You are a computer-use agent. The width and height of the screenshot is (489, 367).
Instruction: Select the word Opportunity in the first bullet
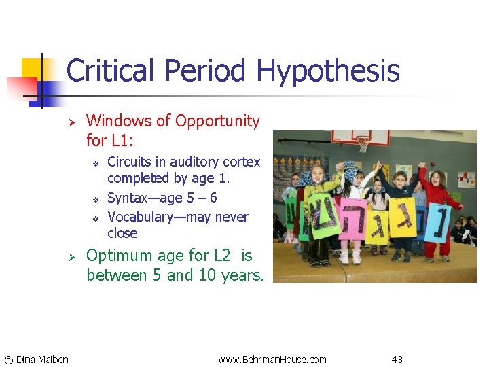pos(217,121)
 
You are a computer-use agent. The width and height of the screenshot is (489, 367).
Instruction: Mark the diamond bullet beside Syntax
pos(96,199)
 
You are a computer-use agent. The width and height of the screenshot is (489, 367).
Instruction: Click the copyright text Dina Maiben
pos(36,359)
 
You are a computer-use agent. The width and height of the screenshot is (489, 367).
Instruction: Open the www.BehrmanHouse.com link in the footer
pos(272,359)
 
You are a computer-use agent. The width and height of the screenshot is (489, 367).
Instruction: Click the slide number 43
pos(397,359)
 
